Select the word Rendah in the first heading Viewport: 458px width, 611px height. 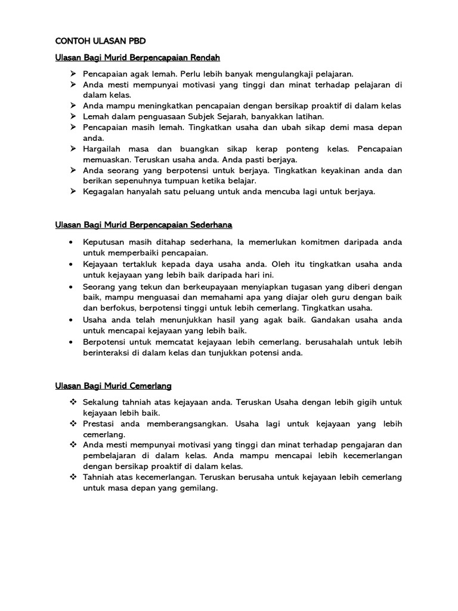[205, 58]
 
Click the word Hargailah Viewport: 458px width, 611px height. [103, 149]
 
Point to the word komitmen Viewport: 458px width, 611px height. [312, 242]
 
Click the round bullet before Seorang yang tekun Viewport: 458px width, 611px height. [72, 286]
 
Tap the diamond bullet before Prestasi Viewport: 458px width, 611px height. [73, 424]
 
